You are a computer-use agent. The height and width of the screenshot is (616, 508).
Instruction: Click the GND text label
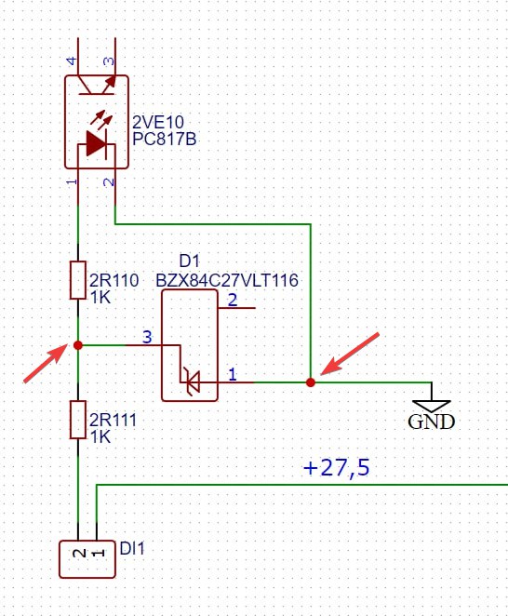(x=431, y=422)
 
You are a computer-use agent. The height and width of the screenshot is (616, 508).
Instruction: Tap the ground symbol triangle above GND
(x=432, y=407)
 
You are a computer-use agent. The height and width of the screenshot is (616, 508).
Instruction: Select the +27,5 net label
(x=336, y=467)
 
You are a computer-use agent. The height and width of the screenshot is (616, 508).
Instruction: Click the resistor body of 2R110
(x=78, y=280)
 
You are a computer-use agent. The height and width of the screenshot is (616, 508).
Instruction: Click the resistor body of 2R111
(x=78, y=420)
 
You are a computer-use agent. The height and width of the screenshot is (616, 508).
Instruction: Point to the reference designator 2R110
(x=114, y=280)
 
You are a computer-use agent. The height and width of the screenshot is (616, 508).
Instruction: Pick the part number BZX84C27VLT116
(x=227, y=280)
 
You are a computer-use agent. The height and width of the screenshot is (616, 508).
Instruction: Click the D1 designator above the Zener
(x=190, y=261)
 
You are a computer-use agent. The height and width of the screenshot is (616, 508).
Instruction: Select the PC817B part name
(x=165, y=139)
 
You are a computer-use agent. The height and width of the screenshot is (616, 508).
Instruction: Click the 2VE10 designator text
(x=158, y=122)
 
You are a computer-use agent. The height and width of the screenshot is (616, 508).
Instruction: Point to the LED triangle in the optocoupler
(x=96, y=144)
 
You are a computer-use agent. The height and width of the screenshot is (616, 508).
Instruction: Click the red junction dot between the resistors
(x=78, y=345)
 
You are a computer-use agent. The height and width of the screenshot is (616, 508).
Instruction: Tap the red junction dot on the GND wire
(x=311, y=382)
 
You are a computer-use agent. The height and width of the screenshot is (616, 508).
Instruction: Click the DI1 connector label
(x=132, y=548)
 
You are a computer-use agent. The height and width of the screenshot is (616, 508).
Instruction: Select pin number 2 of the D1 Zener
(x=233, y=301)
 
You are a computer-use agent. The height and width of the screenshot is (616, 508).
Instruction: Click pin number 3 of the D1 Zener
(x=147, y=337)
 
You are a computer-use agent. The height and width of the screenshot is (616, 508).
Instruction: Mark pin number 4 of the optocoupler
(x=72, y=60)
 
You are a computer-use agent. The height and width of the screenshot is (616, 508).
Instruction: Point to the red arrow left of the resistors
(x=46, y=363)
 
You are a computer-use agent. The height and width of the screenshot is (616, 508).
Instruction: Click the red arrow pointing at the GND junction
(x=350, y=354)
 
